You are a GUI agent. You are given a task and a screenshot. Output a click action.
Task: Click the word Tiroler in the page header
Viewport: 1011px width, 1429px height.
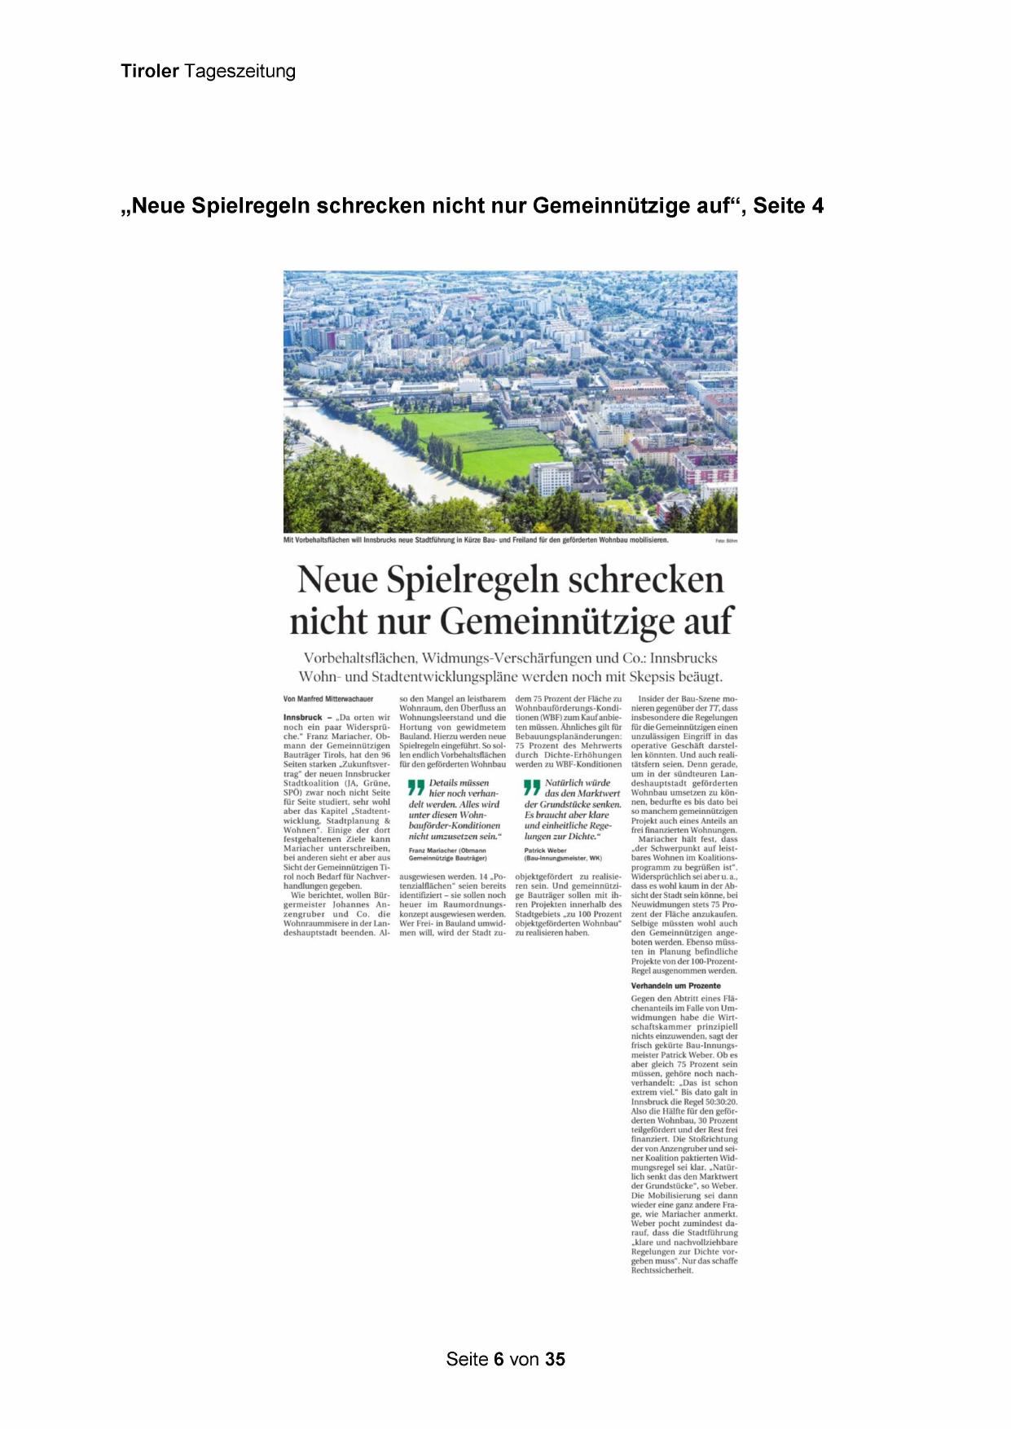[149, 71]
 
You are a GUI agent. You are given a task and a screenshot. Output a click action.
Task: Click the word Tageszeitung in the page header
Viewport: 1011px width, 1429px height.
[240, 72]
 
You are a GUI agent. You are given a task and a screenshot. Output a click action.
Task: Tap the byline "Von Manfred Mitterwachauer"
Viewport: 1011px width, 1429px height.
[328, 699]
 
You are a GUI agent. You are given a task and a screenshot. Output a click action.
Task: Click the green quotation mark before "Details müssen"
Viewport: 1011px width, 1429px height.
[416, 787]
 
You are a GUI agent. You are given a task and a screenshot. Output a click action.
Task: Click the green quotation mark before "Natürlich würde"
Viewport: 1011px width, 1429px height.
[532, 787]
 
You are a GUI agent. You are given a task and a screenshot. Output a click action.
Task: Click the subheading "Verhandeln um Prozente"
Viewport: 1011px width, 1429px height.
[675, 986]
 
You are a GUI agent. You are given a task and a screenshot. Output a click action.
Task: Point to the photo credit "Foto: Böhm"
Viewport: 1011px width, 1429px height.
[726, 541]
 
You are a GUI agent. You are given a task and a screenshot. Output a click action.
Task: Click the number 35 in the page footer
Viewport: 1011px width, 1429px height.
[555, 1359]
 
